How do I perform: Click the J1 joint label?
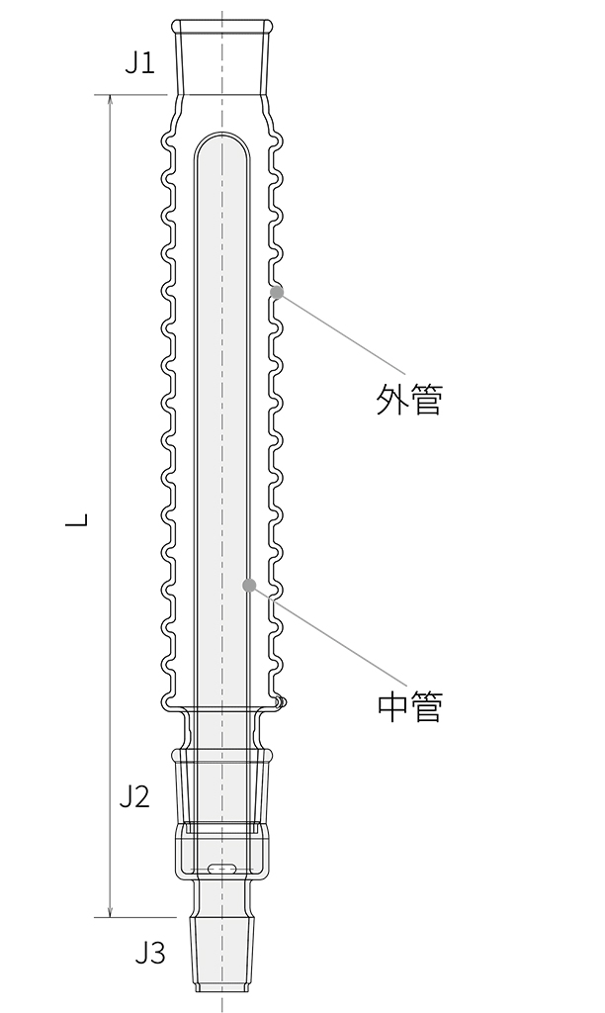coord(140,63)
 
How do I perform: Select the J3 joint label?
coord(150,953)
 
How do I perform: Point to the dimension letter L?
coord(77,519)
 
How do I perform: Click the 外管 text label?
coord(409,400)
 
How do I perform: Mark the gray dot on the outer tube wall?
coord(277,292)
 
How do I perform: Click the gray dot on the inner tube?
coord(249,586)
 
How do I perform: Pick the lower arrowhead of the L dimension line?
coord(111,911)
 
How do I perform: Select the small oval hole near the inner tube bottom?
coord(221,869)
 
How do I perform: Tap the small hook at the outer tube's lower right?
coord(281,702)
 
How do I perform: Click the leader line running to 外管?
coord(341,332)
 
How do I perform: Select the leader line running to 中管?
coord(327,635)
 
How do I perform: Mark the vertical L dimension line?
coord(111,506)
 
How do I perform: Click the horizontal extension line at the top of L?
coord(131,95)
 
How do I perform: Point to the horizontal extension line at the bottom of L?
coord(135,917)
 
